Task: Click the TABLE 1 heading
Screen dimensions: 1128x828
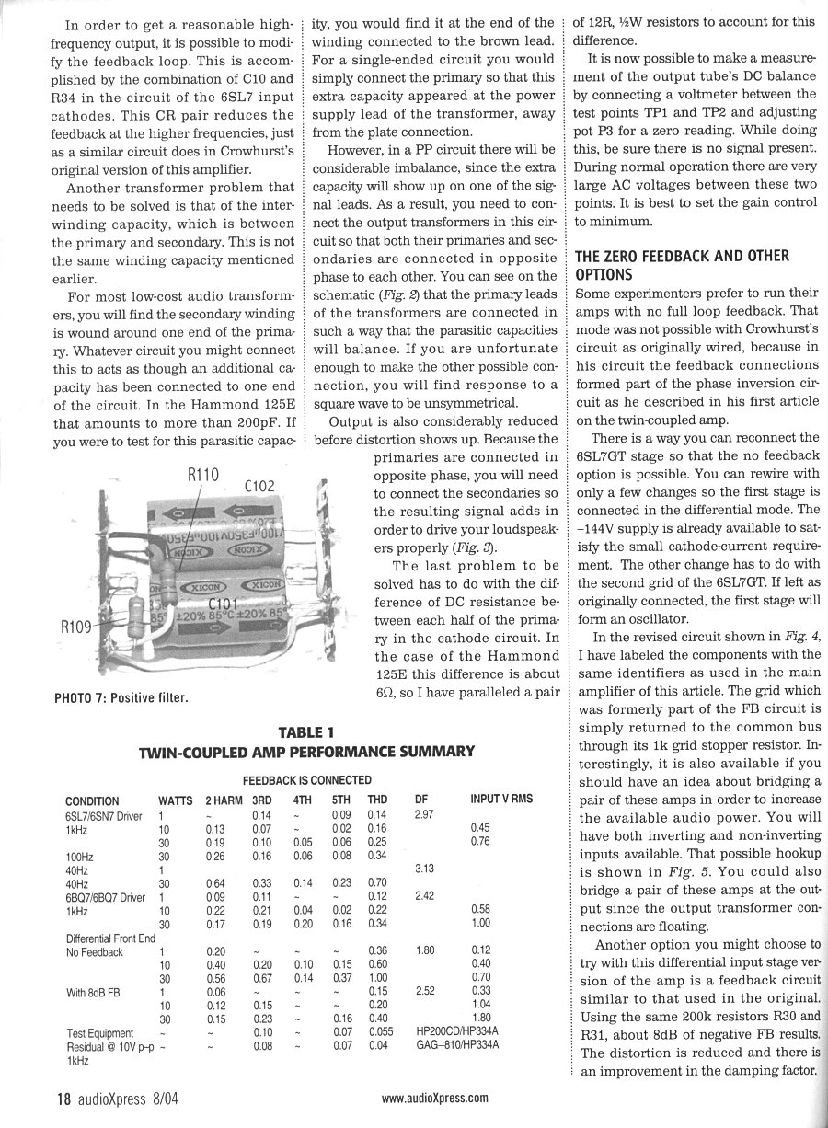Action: pyautogui.click(x=305, y=732)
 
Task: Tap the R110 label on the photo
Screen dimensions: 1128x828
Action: pyautogui.click(x=203, y=475)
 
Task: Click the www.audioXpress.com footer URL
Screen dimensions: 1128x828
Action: pyautogui.click(x=434, y=1098)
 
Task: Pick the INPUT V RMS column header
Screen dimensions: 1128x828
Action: pyautogui.click(x=501, y=800)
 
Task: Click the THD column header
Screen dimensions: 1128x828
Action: pyautogui.click(x=377, y=800)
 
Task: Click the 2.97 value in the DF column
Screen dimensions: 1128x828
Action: pyautogui.click(x=425, y=814)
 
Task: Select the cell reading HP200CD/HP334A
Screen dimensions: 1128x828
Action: pyautogui.click(x=458, y=1033)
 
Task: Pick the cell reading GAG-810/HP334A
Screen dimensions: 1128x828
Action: pyautogui.click(x=457, y=1046)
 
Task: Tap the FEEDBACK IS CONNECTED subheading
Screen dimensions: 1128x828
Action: pyautogui.click(x=305, y=780)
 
